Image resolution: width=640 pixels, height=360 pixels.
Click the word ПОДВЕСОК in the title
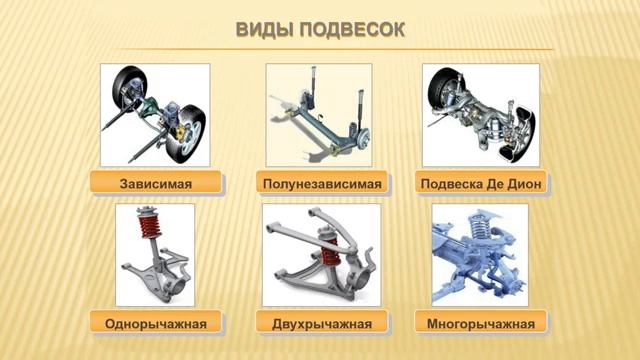(349, 29)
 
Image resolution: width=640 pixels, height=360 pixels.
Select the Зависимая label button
(154, 184)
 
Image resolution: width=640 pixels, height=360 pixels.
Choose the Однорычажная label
(154, 323)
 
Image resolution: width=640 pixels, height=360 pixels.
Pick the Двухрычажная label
(321, 323)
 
